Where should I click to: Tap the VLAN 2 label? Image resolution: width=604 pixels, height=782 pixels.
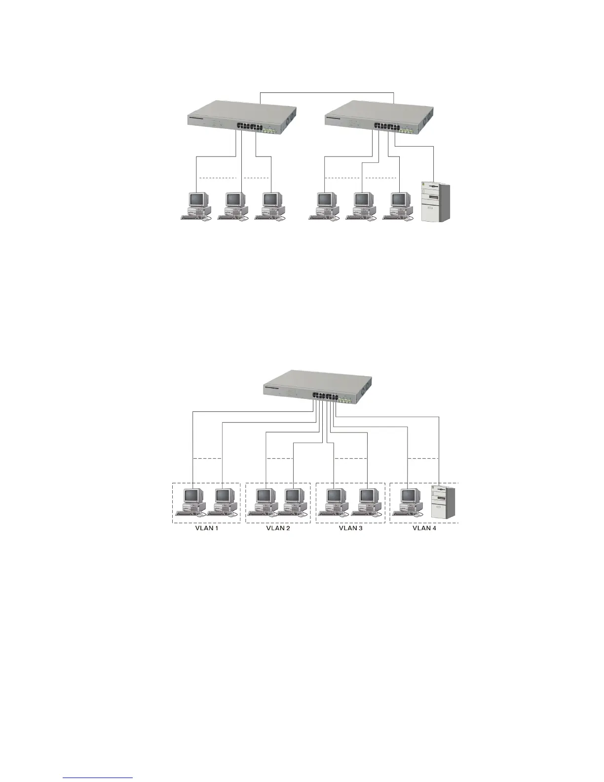(278, 528)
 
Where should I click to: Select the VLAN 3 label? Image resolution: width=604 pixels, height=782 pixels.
(350, 528)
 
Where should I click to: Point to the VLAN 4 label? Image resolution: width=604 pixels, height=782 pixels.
(424, 528)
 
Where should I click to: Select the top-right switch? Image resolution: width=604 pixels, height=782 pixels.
(378, 117)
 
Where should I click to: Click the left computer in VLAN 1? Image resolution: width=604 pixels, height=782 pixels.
(192, 501)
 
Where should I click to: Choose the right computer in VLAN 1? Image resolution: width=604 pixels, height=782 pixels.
(224, 501)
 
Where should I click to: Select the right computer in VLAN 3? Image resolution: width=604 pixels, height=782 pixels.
(368, 501)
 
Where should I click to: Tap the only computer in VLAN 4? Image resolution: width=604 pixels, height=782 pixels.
(409, 501)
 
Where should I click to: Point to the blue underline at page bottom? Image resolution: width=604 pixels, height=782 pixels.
(98, 778)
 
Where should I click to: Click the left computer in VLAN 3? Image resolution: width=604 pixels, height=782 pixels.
(335, 501)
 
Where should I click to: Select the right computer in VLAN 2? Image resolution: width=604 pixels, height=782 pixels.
(294, 501)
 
